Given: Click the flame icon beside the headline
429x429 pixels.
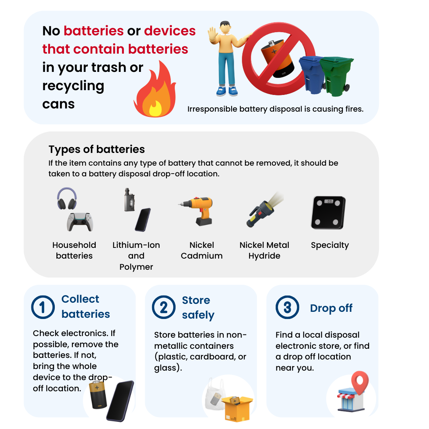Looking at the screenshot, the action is click(155, 90).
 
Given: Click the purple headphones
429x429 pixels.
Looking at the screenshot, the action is click(67, 198).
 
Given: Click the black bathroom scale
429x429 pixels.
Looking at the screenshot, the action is click(329, 212).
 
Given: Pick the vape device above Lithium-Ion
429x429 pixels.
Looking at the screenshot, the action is click(129, 200).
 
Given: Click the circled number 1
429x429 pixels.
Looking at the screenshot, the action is click(43, 307).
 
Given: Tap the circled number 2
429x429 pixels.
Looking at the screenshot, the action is click(164, 307).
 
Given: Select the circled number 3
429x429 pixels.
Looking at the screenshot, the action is click(287, 307).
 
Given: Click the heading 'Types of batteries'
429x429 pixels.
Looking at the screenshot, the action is click(97, 149).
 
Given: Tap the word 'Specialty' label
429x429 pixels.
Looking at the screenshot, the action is click(330, 245).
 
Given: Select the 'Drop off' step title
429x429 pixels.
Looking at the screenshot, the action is click(331, 308).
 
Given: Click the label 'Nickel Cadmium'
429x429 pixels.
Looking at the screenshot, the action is click(202, 250).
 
